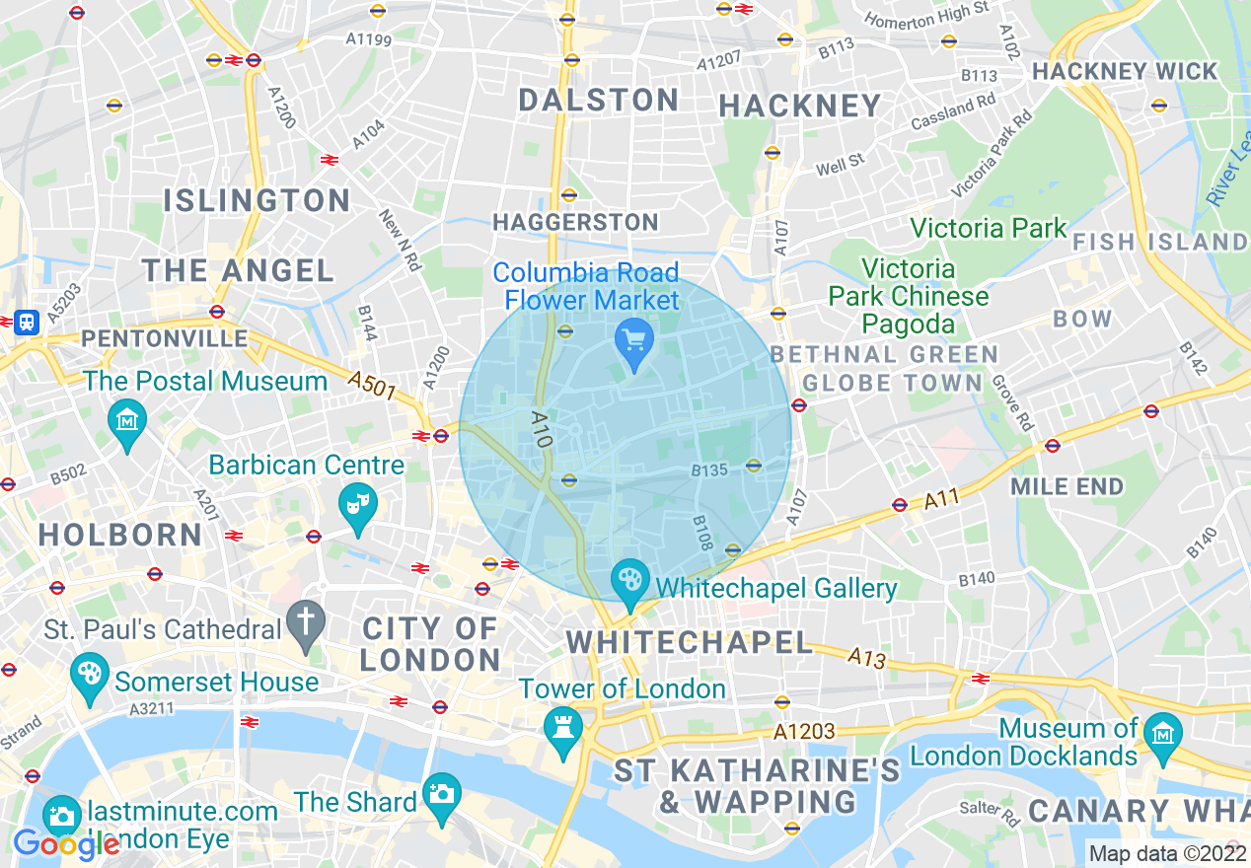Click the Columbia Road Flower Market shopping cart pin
coord(633,341)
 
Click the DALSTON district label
coord(599,100)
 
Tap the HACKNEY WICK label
coord(1125,72)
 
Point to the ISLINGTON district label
coord(257,201)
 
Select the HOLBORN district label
coord(120,535)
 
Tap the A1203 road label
coord(804,732)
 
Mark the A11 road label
coord(942,501)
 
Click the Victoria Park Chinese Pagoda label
coord(908,296)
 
